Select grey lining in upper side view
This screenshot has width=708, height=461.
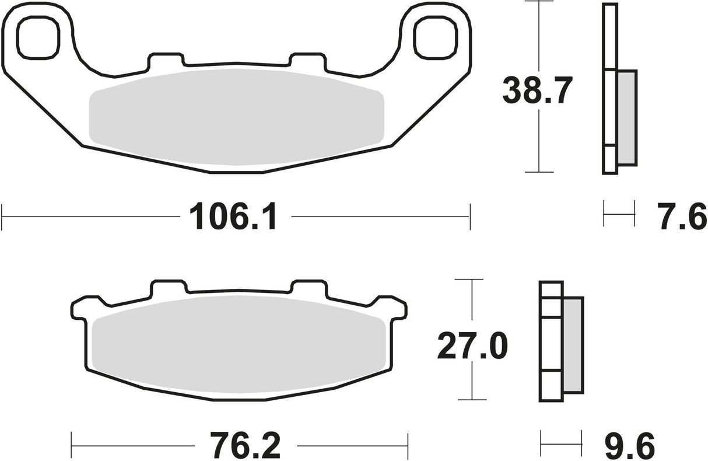coord(626,117)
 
